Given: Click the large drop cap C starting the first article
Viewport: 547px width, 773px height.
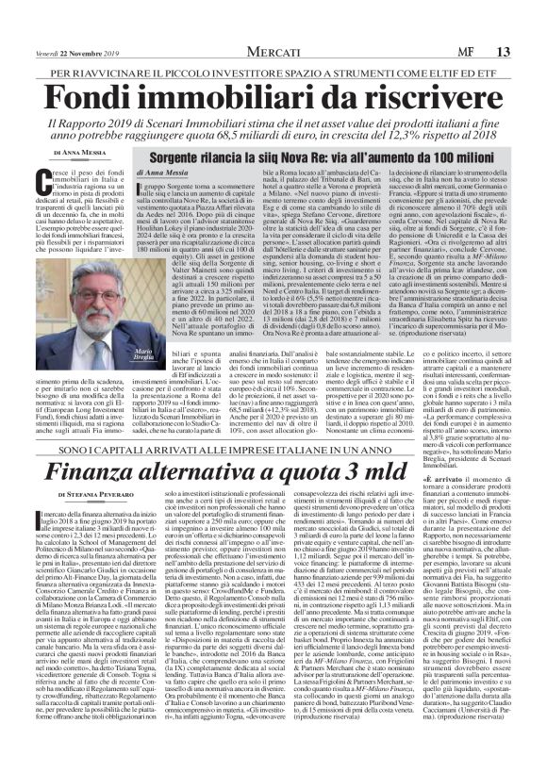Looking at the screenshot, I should [48, 184].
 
